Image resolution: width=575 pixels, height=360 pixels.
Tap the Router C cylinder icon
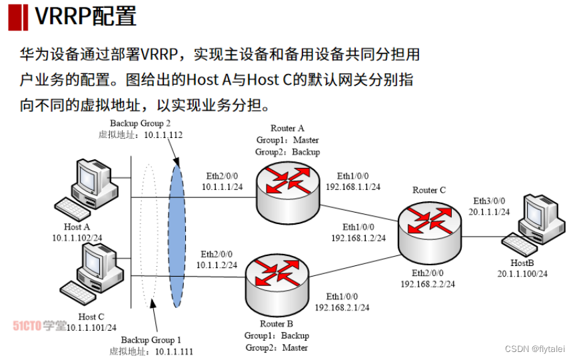428,229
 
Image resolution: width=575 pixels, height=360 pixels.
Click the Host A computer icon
89,190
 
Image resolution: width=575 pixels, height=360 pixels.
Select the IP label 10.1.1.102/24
77,237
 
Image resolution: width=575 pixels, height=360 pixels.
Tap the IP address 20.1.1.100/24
522,273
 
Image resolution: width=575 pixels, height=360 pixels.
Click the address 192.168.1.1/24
353,187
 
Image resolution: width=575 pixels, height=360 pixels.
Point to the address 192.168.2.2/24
428,283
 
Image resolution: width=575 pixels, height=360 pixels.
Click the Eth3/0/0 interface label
490,201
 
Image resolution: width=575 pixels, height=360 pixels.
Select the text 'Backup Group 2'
141,123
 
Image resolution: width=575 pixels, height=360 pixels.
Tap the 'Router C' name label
429,190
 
